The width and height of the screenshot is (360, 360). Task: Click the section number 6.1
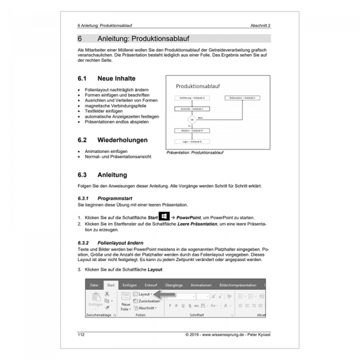(x=83, y=78)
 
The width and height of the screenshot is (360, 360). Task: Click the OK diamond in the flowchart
(x=193, y=119)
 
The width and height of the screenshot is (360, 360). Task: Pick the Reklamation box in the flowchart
(x=242, y=97)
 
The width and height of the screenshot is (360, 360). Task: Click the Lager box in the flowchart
(x=193, y=141)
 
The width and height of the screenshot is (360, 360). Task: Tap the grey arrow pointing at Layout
(x=168, y=295)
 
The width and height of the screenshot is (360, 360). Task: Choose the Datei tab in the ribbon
(x=94, y=285)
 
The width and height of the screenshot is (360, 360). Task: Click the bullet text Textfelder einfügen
(x=106, y=111)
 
